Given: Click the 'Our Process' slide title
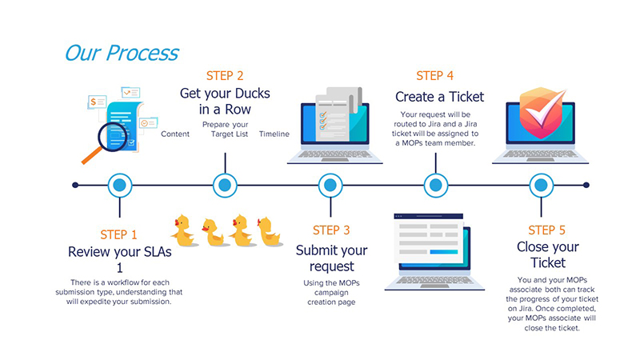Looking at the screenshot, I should pyautogui.click(x=122, y=53).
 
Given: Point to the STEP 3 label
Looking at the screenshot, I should pyautogui.click(x=330, y=230).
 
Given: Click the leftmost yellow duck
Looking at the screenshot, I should pyautogui.click(x=183, y=231).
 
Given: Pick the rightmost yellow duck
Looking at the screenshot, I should pyautogui.click(x=268, y=231).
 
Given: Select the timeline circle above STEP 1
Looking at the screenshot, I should pyautogui.click(x=119, y=186).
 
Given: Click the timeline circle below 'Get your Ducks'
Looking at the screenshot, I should pyautogui.click(x=225, y=186).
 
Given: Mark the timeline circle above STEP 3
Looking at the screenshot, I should pyautogui.click(x=330, y=186).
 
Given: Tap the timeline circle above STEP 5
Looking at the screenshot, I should pyautogui.click(x=541, y=186).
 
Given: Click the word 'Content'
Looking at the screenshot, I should pyautogui.click(x=175, y=134).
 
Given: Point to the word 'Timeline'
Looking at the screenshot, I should pyautogui.click(x=274, y=134).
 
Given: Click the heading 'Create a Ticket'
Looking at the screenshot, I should pyautogui.click(x=439, y=97).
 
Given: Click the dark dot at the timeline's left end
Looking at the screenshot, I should pyautogui.click(x=75, y=186).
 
